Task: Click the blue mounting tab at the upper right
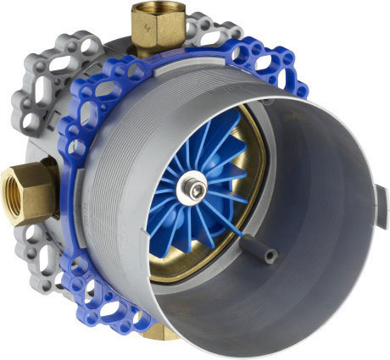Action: pyautogui.click(x=271, y=64)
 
